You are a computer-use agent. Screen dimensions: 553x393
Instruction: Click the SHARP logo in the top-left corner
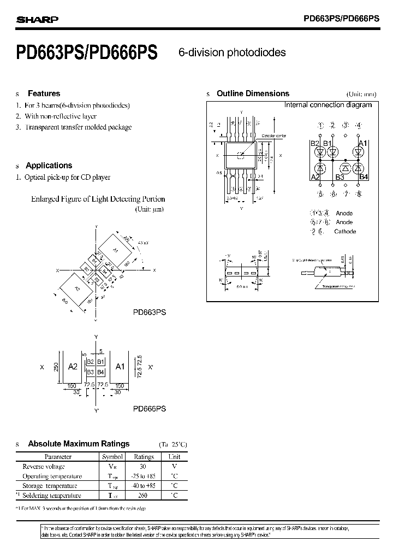pyautogui.click(x=37, y=20)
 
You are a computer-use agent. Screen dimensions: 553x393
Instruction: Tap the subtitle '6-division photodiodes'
pyautogui.click(x=232, y=52)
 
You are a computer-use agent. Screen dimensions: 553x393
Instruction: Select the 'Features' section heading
pyautogui.click(x=44, y=93)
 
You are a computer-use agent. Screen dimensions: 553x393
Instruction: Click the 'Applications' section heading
pyautogui.click(x=49, y=165)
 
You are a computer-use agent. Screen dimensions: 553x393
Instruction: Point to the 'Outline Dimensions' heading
pyautogui.click(x=253, y=93)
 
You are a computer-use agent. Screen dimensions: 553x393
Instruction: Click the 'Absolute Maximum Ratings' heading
pyautogui.click(x=79, y=444)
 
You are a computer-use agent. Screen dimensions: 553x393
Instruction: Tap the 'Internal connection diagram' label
pyautogui.click(x=328, y=105)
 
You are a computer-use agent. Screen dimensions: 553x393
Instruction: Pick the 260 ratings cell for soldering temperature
pyautogui.click(x=144, y=496)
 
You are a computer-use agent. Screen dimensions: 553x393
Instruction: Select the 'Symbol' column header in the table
pyautogui.click(x=112, y=457)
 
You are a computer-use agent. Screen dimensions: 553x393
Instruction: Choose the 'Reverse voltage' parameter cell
pyautogui.click(x=44, y=467)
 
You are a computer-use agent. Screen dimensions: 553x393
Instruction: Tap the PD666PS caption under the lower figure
pyautogui.click(x=150, y=408)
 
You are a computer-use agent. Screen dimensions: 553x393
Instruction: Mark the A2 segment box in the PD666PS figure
pyautogui.click(x=73, y=367)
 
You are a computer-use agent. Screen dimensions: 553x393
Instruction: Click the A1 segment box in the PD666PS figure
pyautogui.click(x=120, y=367)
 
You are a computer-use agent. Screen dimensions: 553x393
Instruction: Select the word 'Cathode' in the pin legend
pyautogui.click(x=345, y=232)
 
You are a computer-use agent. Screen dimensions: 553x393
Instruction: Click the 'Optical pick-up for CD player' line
pyautogui.click(x=68, y=177)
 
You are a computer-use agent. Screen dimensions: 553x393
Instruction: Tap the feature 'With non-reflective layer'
pyautogui.click(x=61, y=116)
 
